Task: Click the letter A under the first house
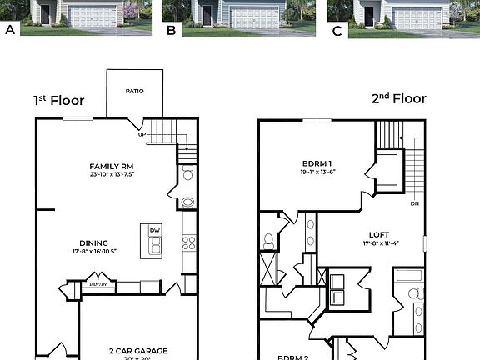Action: click(11, 30)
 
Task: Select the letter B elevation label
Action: click(171, 30)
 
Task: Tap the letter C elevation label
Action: click(337, 30)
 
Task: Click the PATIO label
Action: click(135, 91)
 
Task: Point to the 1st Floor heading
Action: click(58, 100)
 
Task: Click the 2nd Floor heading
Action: click(398, 99)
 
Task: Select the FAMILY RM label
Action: click(112, 167)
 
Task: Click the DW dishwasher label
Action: click(154, 231)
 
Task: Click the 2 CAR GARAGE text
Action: click(138, 351)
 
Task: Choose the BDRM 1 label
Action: click(317, 163)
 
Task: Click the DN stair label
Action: click(414, 203)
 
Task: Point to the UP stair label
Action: click(142, 134)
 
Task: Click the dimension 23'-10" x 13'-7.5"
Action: click(112, 175)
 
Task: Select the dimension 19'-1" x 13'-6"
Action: click(317, 172)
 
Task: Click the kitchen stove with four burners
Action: click(188, 242)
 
